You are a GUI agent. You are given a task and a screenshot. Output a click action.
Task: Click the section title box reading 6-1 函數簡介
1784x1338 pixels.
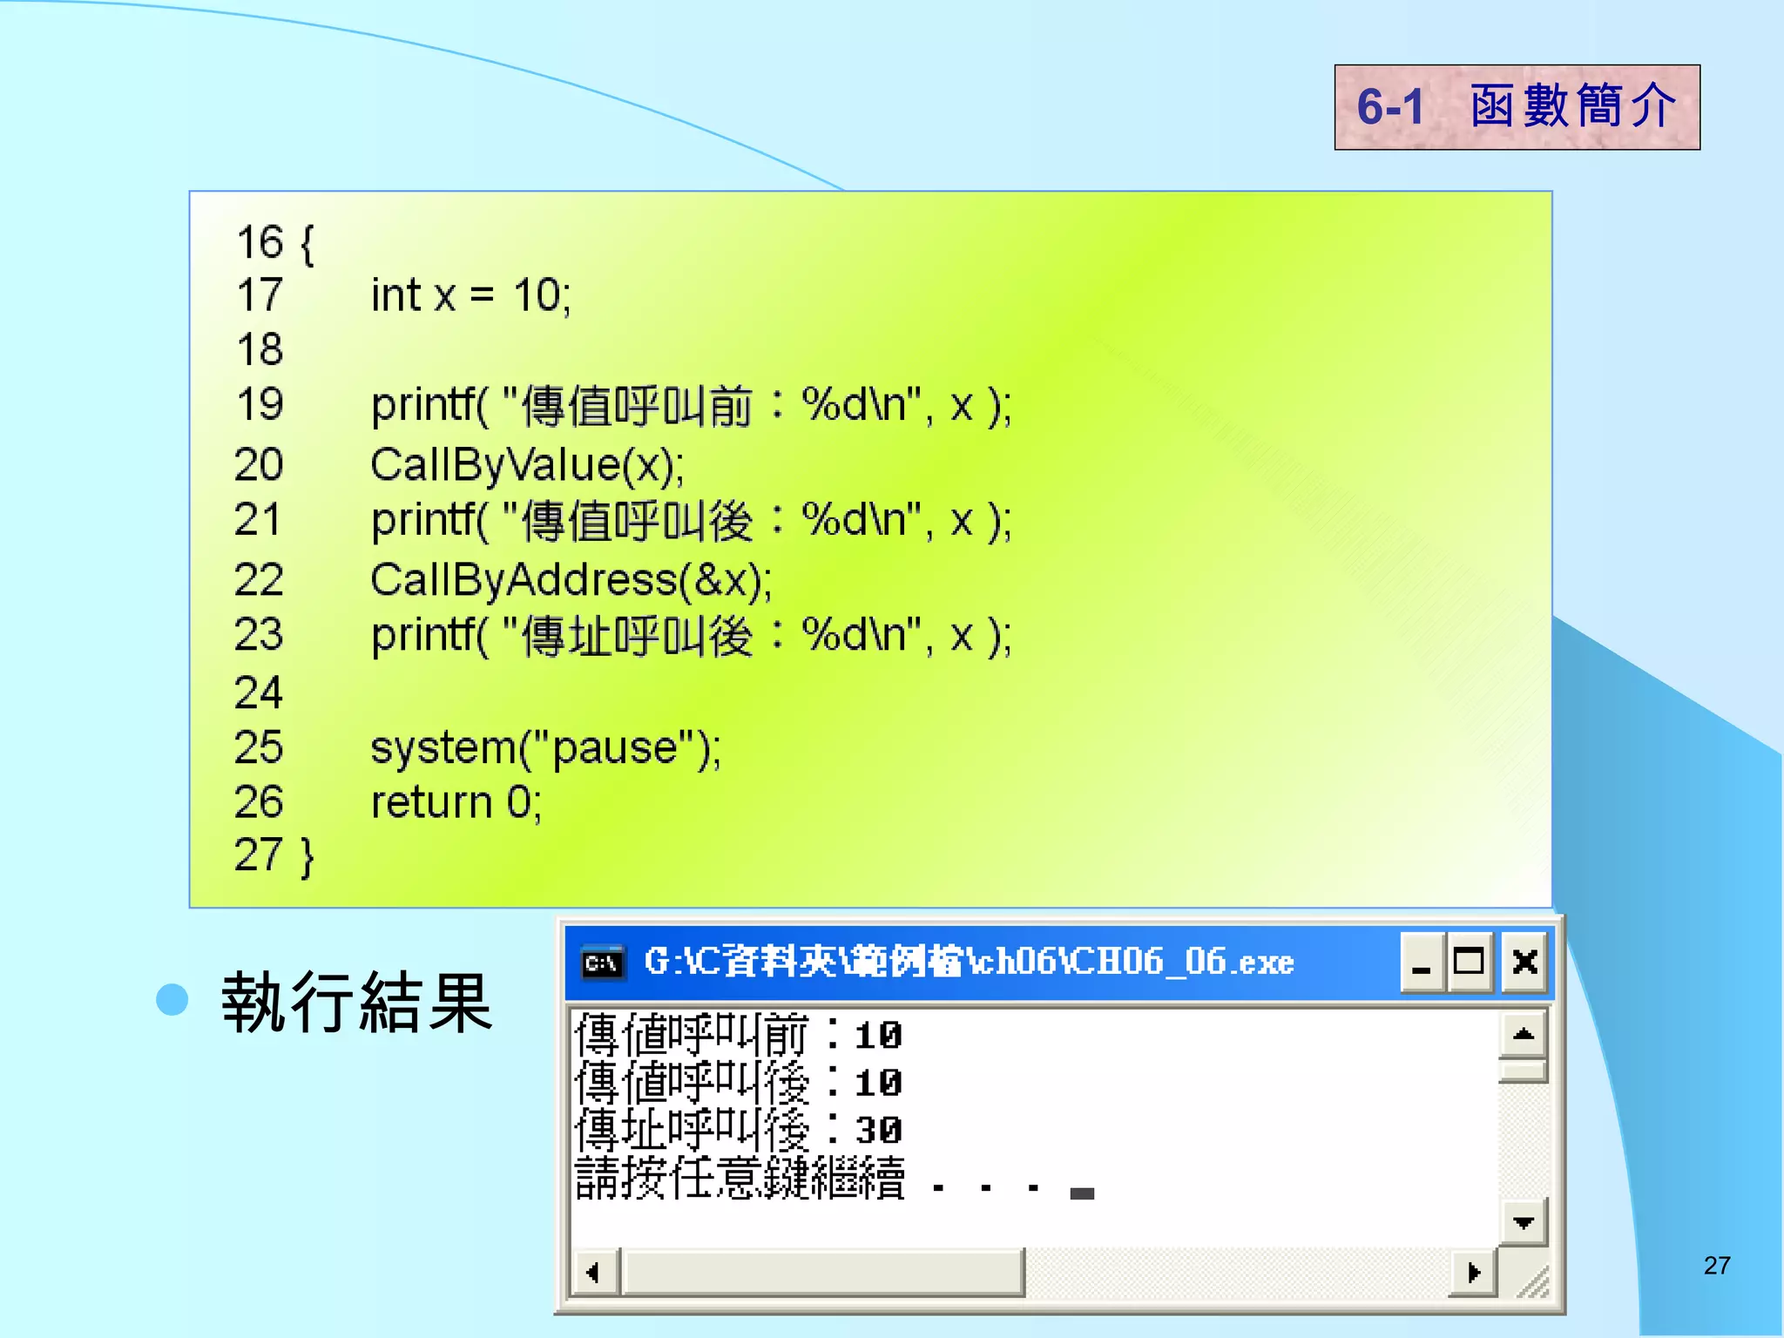tap(1517, 107)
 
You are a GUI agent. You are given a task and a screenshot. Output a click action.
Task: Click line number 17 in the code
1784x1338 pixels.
tap(260, 295)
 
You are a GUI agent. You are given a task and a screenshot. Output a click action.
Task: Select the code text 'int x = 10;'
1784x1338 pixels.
tap(470, 295)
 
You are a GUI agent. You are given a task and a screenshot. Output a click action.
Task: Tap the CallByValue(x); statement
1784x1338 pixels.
tap(527, 464)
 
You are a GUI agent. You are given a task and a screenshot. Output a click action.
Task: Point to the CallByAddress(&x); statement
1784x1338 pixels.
tap(571, 580)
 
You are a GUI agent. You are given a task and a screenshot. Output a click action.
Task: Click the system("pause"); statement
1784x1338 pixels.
tap(545, 747)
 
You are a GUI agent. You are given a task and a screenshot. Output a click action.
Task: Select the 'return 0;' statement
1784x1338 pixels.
tap(456, 802)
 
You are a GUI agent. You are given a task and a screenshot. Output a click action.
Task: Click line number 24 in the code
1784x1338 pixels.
tap(259, 693)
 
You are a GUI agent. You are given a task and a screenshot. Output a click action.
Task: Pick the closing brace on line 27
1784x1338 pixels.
tap(307, 855)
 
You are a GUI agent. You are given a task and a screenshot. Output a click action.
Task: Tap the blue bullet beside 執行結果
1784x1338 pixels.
tap(172, 999)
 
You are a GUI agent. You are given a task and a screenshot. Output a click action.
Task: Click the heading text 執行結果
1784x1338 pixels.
tap(357, 1003)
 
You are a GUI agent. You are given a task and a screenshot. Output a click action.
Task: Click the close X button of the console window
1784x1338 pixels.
tap(1524, 963)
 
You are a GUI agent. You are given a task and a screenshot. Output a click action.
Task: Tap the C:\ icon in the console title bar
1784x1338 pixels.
tap(603, 963)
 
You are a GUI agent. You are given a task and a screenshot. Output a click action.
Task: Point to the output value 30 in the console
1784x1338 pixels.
tap(878, 1131)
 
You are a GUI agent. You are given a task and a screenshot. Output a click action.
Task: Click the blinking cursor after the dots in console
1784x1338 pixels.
tap(1082, 1193)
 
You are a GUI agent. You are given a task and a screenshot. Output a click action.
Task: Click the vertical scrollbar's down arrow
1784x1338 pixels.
tap(1524, 1222)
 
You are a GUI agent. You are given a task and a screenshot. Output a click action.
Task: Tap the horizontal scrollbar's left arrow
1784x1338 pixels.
tap(594, 1273)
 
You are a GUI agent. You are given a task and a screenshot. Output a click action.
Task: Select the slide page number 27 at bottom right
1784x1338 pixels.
tap(1717, 1266)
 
